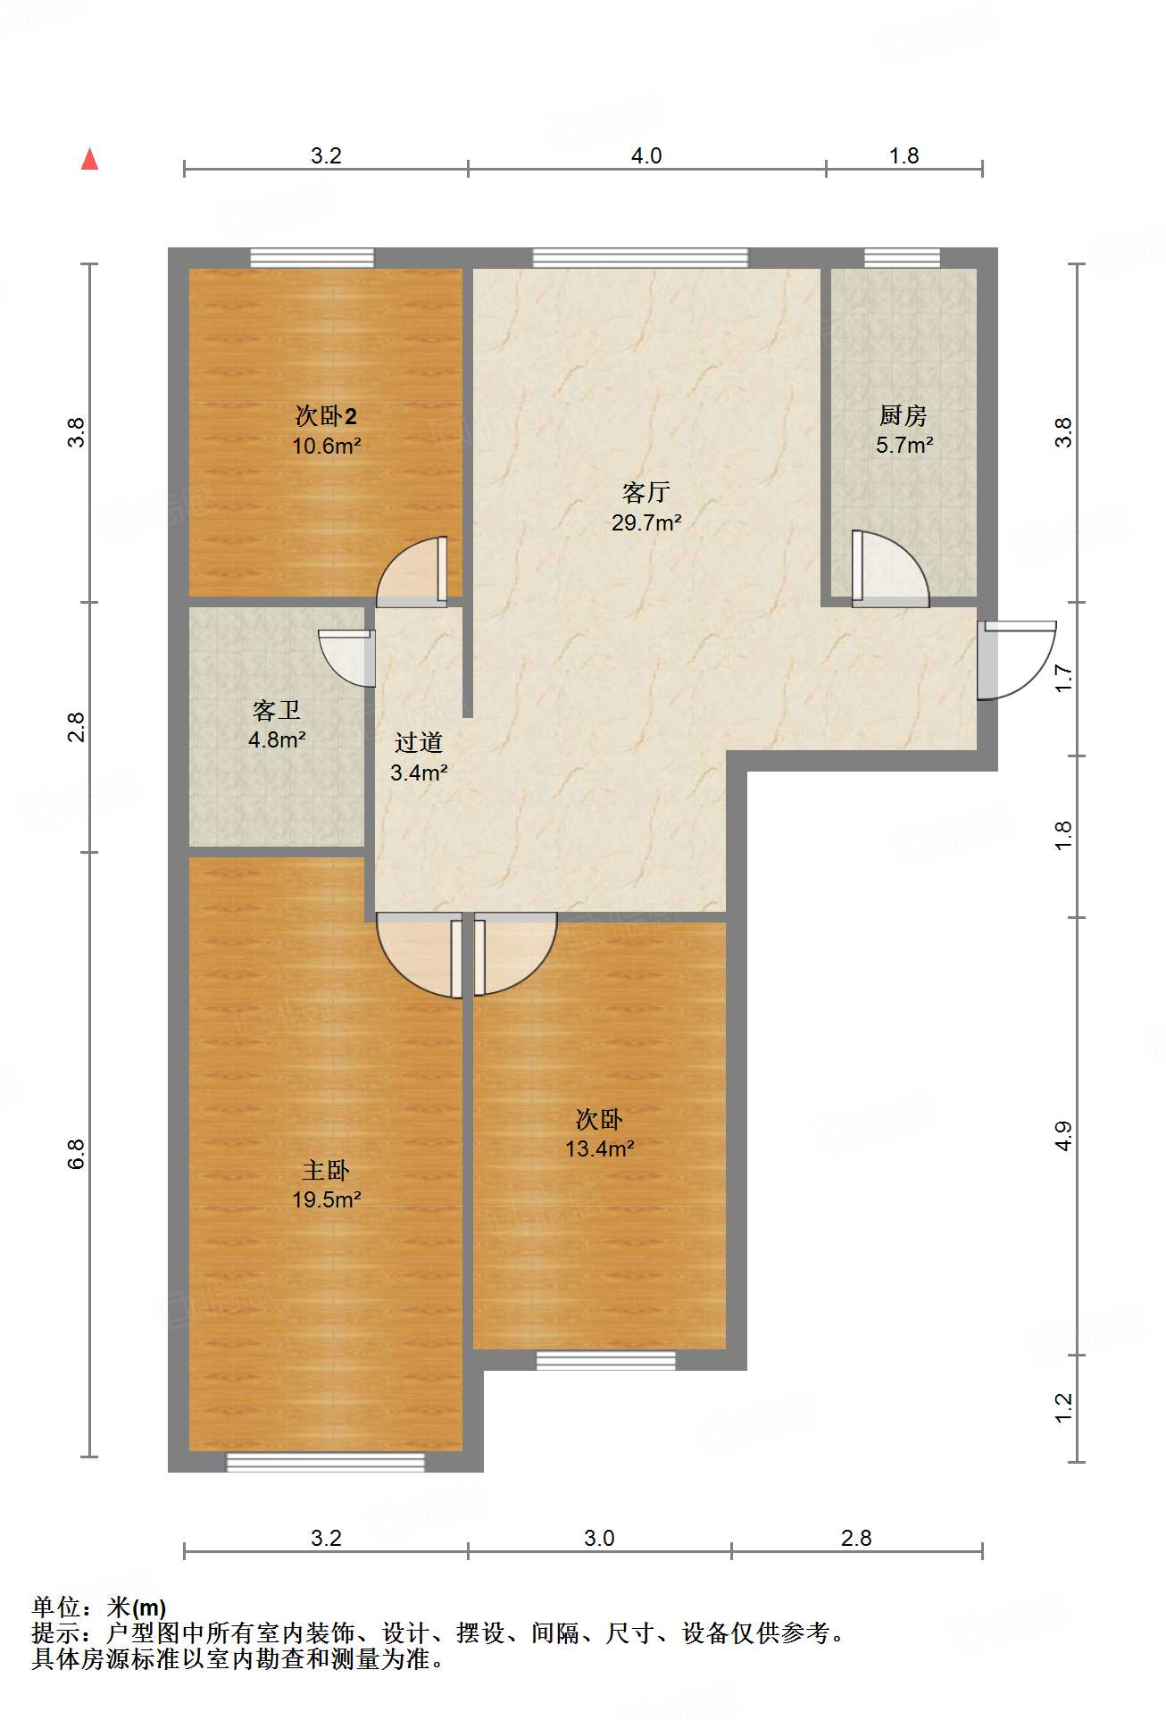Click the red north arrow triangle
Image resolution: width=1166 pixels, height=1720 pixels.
point(89,159)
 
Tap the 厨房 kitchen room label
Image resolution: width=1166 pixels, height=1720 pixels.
point(904,415)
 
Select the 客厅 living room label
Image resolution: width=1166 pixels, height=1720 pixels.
point(646,492)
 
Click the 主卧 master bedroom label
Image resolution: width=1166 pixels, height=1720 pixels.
point(326,1170)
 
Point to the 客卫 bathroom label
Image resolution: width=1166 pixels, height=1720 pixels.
point(277,710)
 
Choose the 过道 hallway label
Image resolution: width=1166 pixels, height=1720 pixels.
point(419,742)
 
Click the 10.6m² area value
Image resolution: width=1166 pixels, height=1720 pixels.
point(327,446)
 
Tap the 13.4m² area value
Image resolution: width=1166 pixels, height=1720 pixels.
point(600,1148)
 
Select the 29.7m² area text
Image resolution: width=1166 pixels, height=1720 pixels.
point(646,522)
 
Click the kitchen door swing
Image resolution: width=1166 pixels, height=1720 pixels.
point(890,569)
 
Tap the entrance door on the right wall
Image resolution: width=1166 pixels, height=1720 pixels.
point(1017,661)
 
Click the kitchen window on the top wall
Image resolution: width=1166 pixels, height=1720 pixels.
point(902,258)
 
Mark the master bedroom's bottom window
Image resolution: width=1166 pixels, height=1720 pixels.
point(325,1462)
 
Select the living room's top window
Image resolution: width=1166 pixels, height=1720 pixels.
point(640,258)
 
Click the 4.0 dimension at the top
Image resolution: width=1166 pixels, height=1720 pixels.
point(646,156)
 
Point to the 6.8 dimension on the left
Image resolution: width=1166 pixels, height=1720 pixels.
point(77,1154)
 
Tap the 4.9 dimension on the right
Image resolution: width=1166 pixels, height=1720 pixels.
point(1063,1136)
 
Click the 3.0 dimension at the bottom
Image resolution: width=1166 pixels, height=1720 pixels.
point(599,1538)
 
